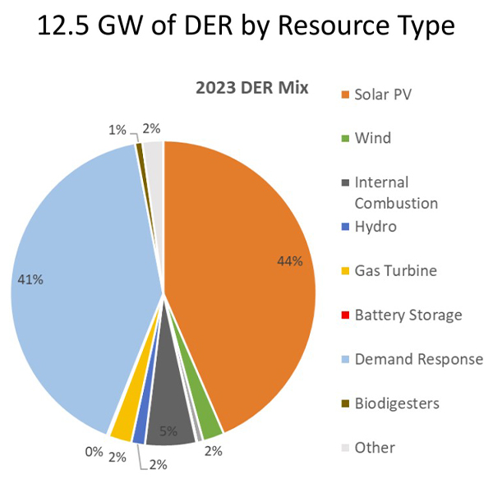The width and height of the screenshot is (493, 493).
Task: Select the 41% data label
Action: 30,279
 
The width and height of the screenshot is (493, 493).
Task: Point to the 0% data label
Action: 93,451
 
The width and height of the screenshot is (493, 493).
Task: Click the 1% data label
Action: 117,129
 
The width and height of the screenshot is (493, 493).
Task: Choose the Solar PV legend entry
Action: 383,94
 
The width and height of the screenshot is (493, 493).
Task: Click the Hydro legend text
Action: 376,226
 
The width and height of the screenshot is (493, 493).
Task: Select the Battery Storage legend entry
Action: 408,315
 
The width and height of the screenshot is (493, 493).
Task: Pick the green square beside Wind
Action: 345,138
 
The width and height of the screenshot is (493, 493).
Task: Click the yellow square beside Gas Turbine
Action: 345,271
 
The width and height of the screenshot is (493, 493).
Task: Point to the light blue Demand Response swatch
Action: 345,360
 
